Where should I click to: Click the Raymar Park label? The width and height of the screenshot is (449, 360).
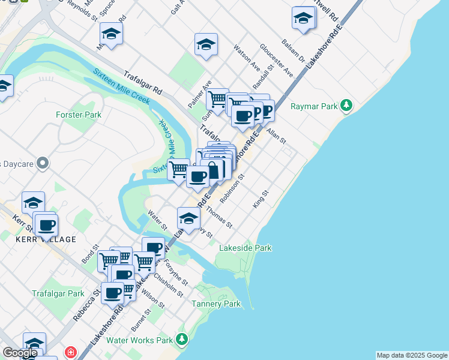coord(314,107)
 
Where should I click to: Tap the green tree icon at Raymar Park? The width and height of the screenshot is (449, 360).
coord(346,106)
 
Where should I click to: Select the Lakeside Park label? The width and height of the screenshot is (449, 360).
coord(245,248)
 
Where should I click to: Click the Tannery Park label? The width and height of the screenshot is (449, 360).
coord(216,304)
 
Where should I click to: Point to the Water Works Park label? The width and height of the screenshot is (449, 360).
coord(139,340)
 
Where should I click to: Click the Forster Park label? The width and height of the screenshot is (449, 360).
coord(78,115)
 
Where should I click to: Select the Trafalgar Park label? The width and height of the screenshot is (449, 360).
coord(58,294)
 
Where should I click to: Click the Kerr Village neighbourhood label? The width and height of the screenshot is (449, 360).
coord(46,239)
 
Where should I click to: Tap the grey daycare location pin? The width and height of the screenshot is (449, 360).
coord(42,163)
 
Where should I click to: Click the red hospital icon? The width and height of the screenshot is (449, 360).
coord(71,352)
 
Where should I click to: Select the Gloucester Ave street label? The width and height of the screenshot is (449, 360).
coord(276,60)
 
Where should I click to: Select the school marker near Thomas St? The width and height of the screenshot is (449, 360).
coord(188,218)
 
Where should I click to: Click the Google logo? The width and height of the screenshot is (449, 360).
coord(20,353)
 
